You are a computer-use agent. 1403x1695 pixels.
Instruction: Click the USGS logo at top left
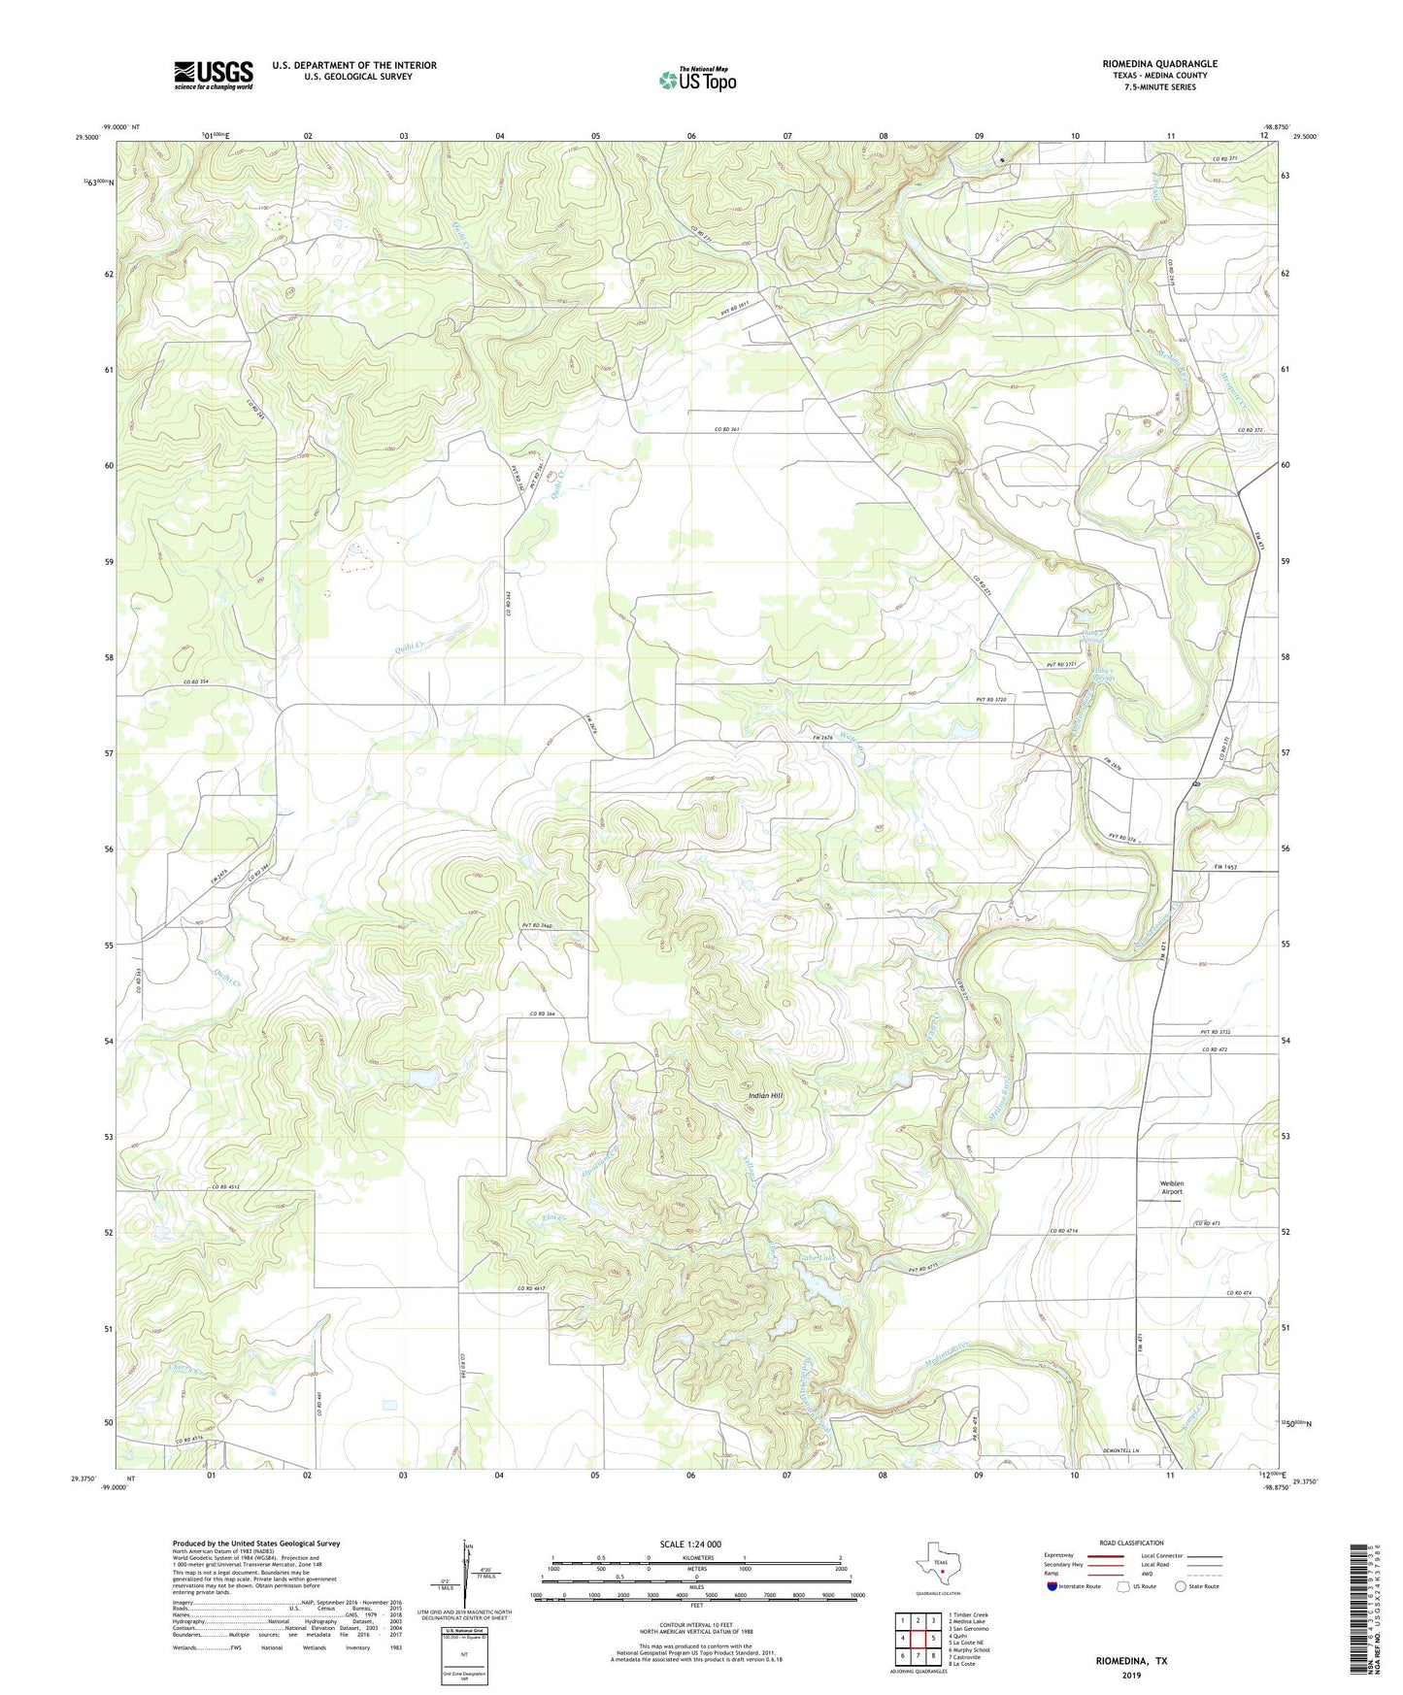tap(214, 75)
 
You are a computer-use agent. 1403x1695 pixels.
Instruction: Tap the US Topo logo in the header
tap(697, 80)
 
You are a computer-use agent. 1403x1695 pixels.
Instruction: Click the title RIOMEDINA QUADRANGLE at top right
tap(1159, 64)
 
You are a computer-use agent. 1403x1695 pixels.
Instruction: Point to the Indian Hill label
tap(765, 1096)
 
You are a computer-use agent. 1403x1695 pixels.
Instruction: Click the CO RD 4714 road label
tap(1063, 1232)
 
